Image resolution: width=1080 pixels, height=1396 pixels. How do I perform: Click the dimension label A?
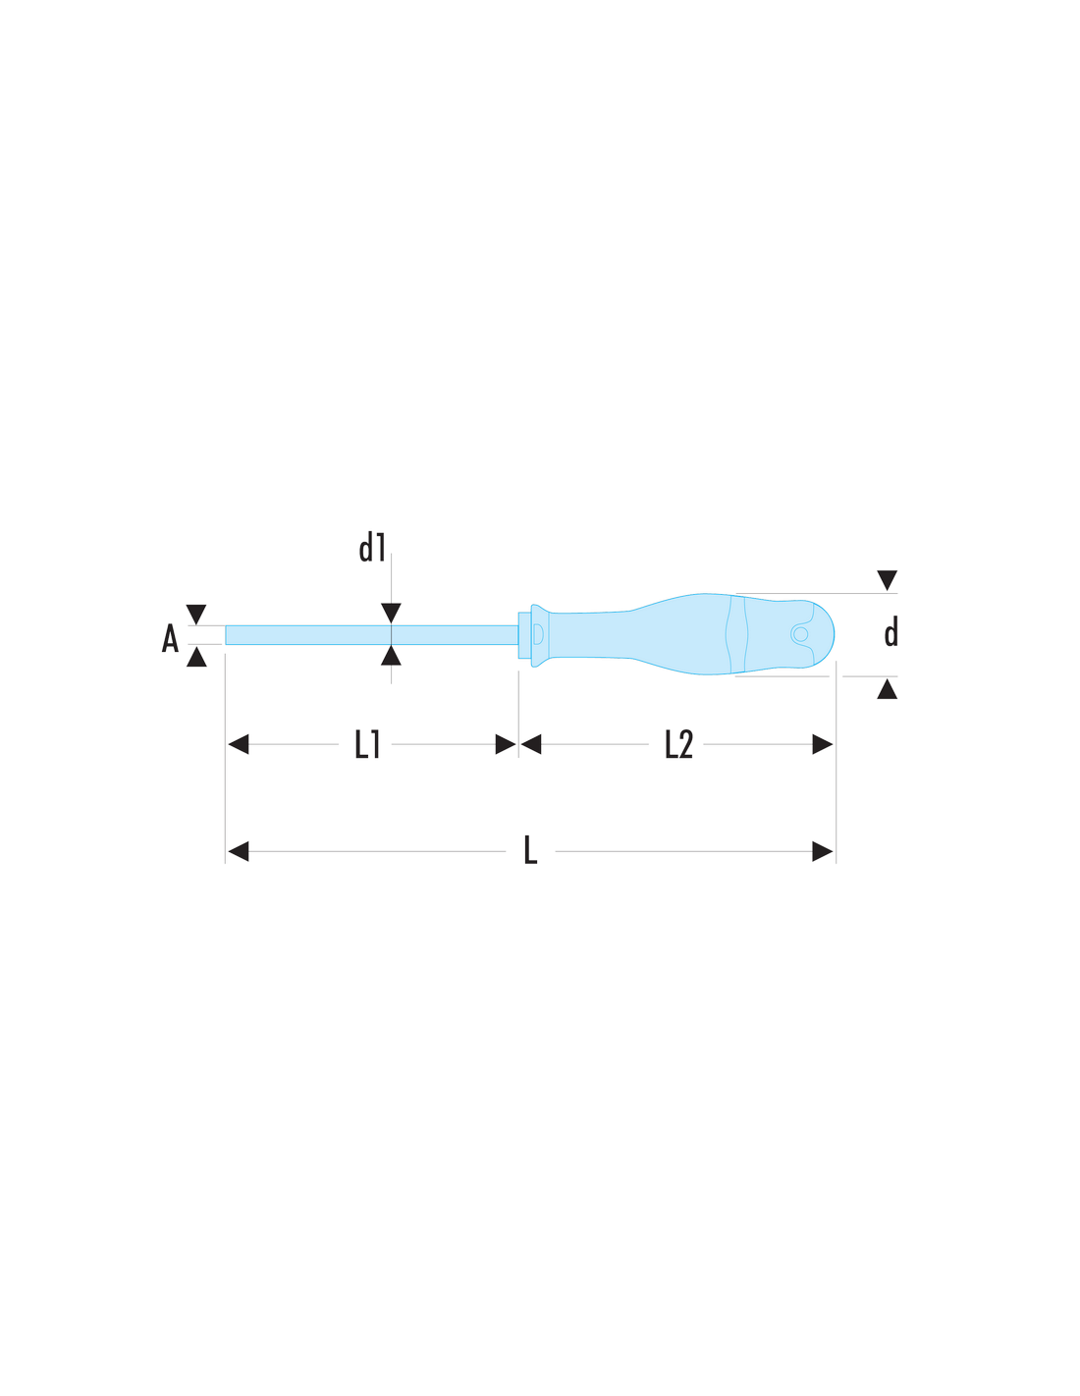(170, 637)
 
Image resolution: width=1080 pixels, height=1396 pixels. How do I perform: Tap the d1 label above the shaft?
(373, 548)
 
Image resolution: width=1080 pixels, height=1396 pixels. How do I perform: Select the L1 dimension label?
(367, 744)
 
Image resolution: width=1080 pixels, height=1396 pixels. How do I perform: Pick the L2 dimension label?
(678, 744)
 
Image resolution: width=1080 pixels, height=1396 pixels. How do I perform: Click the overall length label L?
(531, 850)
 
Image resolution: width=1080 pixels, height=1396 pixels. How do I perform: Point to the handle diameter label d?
(891, 632)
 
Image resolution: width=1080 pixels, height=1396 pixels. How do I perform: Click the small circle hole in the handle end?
(800, 634)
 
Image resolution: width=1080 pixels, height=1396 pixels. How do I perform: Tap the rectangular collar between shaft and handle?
(524, 635)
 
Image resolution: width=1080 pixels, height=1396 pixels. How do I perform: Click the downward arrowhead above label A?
(196, 614)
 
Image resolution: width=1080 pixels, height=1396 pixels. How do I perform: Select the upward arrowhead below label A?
(196, 657)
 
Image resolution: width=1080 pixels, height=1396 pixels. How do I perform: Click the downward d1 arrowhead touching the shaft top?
(391, 613)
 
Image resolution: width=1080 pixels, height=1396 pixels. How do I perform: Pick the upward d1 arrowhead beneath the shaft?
(391, 655)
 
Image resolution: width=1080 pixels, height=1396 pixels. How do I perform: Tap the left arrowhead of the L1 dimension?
(239, 744)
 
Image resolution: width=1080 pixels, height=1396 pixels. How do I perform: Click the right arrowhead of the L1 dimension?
(506, 744)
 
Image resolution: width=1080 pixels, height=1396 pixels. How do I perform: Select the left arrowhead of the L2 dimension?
(531, 744)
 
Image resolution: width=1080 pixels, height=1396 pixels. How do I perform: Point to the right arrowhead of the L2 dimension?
(823, 744)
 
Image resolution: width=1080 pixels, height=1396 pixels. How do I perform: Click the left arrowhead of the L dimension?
(239, 851)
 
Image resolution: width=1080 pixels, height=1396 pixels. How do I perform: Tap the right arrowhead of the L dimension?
(823, 851)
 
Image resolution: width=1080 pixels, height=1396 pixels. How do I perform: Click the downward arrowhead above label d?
(887, 579)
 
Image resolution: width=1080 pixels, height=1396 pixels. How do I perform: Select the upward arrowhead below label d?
(887, 689)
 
